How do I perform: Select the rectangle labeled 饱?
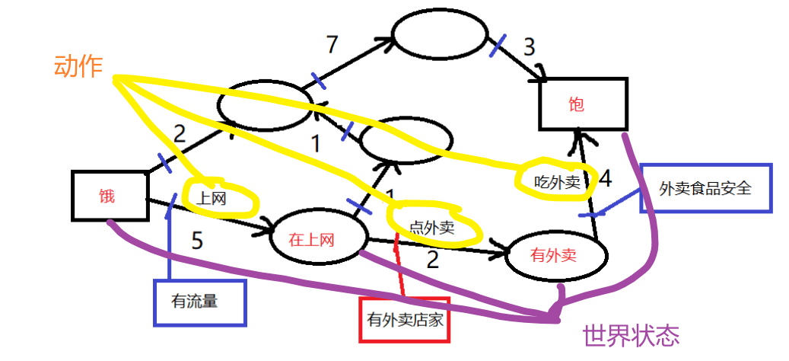pyautogui.click(x=583, y=104)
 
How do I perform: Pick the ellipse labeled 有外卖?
pyautogui.click(x=555, y=255)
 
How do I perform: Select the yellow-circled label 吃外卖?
pyautogui.click(x=556, y=182)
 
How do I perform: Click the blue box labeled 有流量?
pyautogui.click(x=201, y=302)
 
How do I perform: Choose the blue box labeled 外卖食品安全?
pyautogui.click(x=705, y=187)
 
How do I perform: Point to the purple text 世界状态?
pyautogui.click(x=630, y=334)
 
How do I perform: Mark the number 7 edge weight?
pyautogui.click(x=331, y=45)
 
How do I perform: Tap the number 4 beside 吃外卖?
pyautogui.click(x=606, y=179)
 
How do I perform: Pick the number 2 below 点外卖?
pyautogui.click(x=432, y=260)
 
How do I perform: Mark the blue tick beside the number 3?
pyautogui.click(x=498, y=45)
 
